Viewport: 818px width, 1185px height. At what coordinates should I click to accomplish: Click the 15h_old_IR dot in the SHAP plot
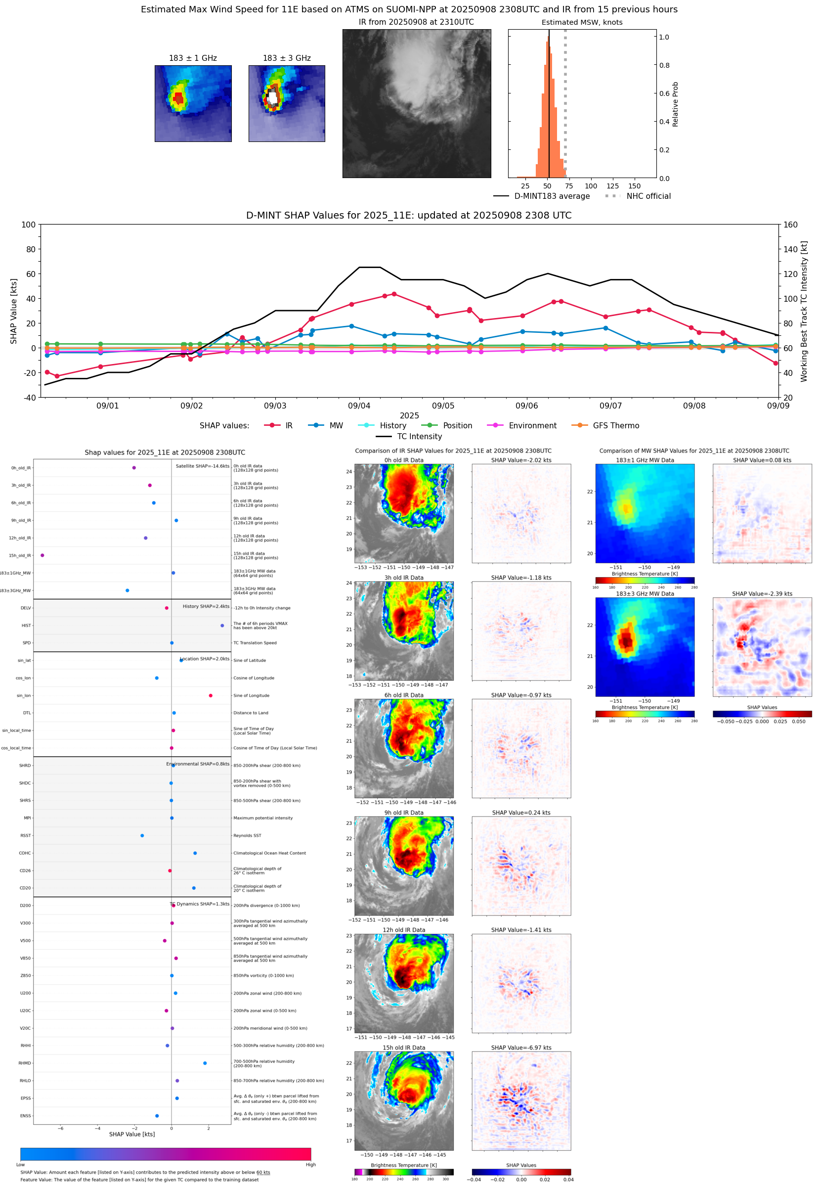point(43,555)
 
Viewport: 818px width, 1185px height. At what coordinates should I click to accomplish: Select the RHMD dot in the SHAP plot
point(205,1063)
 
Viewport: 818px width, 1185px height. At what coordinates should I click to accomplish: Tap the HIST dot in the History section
point(222,626)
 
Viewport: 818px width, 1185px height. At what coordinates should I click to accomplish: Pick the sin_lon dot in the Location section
point(211,695)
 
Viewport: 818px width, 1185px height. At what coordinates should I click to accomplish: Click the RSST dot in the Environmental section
point(142,835)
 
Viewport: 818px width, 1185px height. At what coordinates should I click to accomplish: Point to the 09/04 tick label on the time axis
point(359,406)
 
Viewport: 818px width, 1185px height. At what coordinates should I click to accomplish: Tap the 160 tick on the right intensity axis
point(790,225)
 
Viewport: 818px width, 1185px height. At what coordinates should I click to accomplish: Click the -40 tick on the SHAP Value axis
point(29,398)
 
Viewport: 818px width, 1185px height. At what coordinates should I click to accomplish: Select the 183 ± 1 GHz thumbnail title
point(193,58)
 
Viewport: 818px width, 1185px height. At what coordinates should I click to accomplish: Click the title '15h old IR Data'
point(404,1048)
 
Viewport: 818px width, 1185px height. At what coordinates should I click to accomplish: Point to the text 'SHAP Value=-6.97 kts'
point(521,1048)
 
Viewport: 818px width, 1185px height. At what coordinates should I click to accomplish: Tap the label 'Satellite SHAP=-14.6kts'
point(203,466)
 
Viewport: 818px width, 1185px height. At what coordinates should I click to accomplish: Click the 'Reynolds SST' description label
point(247,835)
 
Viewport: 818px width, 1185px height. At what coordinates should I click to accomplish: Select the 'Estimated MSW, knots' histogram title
point(582,22)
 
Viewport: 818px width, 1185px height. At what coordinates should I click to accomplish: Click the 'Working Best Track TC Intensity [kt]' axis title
point(804,311)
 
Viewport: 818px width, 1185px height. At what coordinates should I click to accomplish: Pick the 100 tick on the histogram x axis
point(591,186)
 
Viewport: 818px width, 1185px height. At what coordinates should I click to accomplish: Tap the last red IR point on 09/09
point(775,363)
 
